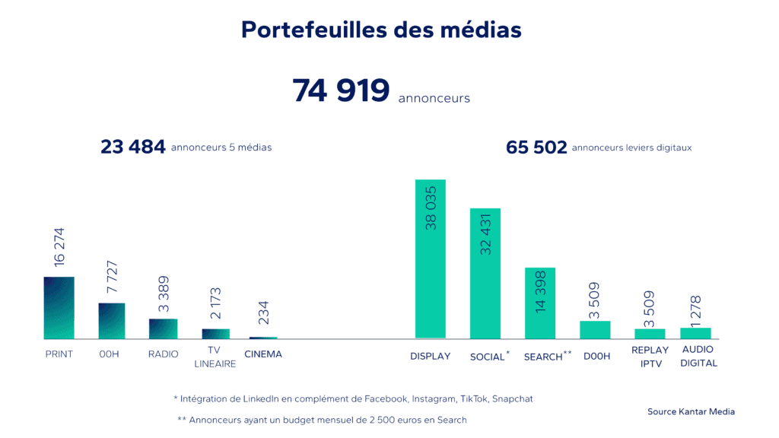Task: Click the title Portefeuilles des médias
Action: (381, 30)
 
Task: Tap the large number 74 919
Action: (341, 90)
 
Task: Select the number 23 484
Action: (133, 148)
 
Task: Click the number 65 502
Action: (536, 148)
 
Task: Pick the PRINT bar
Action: (59, 308)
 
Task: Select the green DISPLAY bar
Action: (430, 259)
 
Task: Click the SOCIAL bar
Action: (485, 274)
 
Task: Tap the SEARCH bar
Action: (540, 303)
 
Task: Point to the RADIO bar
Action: (163, 328)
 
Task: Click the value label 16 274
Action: (59, 246)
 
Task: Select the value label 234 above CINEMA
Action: (264, 313)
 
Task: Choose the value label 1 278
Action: (696, 309)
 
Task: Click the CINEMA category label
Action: (263, 354)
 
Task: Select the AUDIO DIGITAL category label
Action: (699, 357)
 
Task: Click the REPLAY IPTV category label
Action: (650, 357)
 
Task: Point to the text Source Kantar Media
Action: (691, 411)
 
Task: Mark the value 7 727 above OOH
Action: (112, 278)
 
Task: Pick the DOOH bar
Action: (595, 329)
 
